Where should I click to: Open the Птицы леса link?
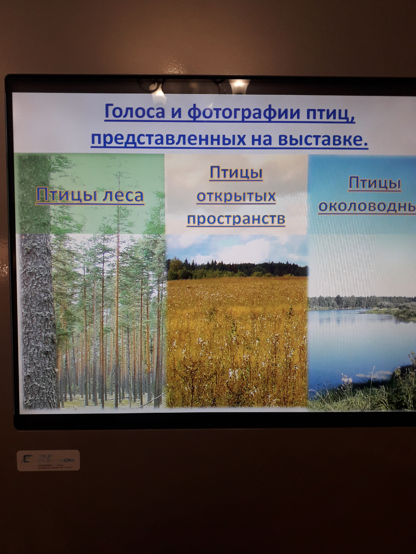click(90, 195)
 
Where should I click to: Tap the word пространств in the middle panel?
click(236, 219)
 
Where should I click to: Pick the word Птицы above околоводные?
click(374, 183)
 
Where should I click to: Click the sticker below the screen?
click(48, 460)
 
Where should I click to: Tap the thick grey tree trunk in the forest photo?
click(38, 323)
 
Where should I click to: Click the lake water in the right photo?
click(351, 342)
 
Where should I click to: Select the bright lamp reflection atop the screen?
click(239, 86)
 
